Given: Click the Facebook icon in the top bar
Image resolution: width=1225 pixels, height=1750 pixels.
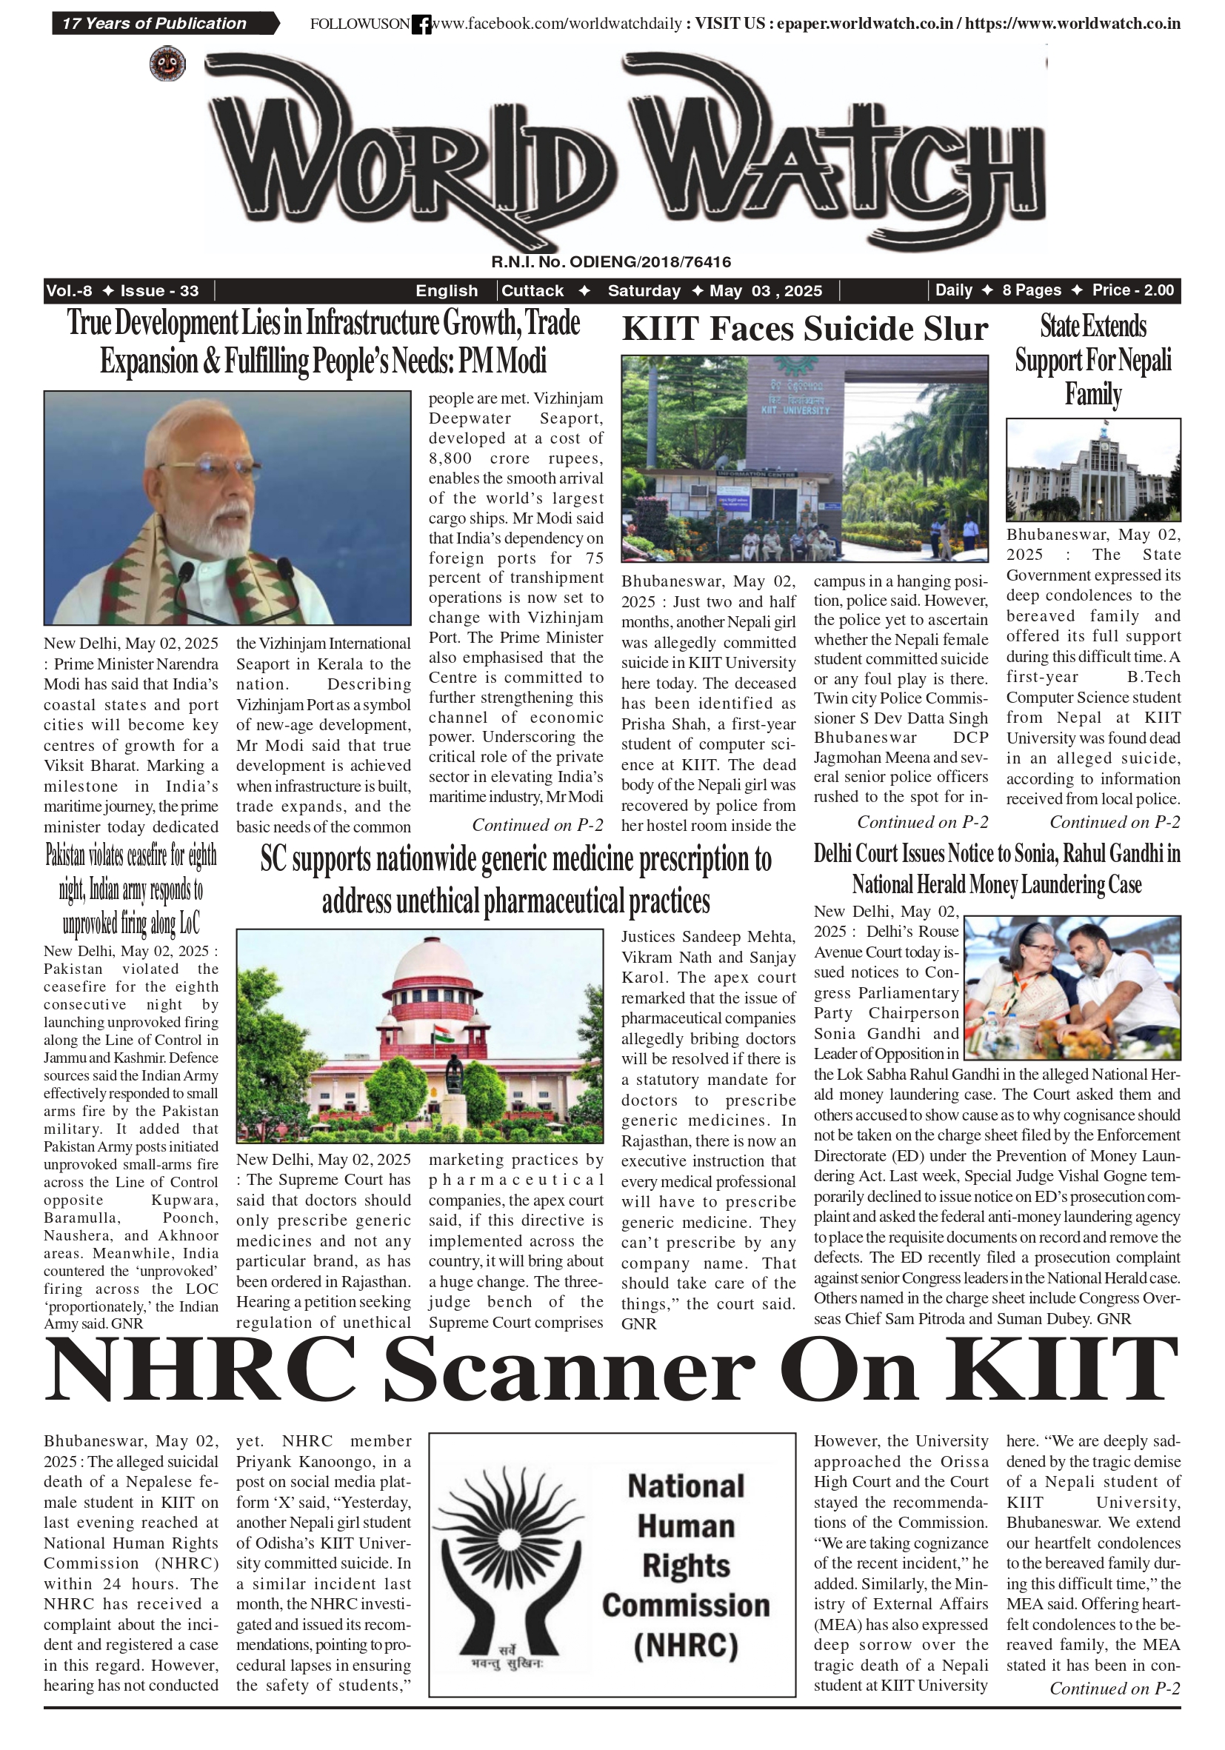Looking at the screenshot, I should pos(421,24).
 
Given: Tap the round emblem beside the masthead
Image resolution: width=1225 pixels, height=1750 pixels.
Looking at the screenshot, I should pos(167,63).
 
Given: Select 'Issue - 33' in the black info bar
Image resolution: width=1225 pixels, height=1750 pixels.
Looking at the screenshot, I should pos(159,290).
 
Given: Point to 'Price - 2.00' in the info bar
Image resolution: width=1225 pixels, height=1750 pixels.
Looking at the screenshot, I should pos(1132,290).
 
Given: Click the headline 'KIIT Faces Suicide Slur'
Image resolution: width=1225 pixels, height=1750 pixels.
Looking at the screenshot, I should pos(804,330).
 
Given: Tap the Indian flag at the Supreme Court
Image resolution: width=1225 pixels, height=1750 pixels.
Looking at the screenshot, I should pos(441,1034).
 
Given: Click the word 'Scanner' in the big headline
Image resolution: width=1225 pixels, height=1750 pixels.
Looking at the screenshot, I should pos(568,1375).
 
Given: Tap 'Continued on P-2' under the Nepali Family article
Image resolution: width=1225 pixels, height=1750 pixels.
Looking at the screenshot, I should pos(1115,821).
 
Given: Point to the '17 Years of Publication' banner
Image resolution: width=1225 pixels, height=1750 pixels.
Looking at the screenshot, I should pos(155,24).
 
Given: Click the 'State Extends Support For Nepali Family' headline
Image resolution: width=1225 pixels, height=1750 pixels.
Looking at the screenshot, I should pos(1092,360).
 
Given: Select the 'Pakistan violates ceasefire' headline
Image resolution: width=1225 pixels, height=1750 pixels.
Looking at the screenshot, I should pos(131,889).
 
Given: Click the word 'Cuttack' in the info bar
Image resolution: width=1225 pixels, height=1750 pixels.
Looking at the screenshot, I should pos(532,290).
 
